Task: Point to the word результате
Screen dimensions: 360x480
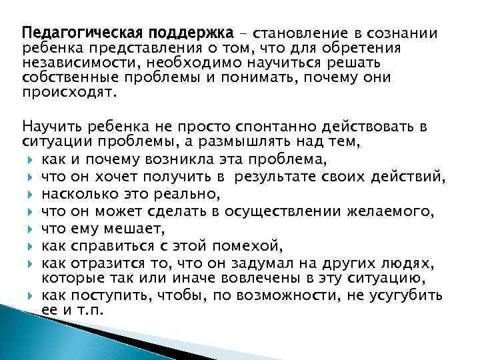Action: pos(313,177)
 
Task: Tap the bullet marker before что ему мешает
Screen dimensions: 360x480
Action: pos(30,228)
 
